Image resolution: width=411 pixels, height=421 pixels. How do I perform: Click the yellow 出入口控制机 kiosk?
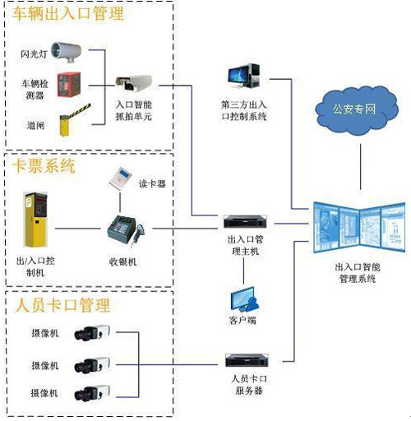[35, 220]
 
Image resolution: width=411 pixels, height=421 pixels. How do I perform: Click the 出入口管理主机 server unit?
[243, 223]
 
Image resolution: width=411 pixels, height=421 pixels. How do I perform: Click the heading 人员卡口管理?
[62, 305]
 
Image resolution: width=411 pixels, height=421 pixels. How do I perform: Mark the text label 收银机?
[122, 261]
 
